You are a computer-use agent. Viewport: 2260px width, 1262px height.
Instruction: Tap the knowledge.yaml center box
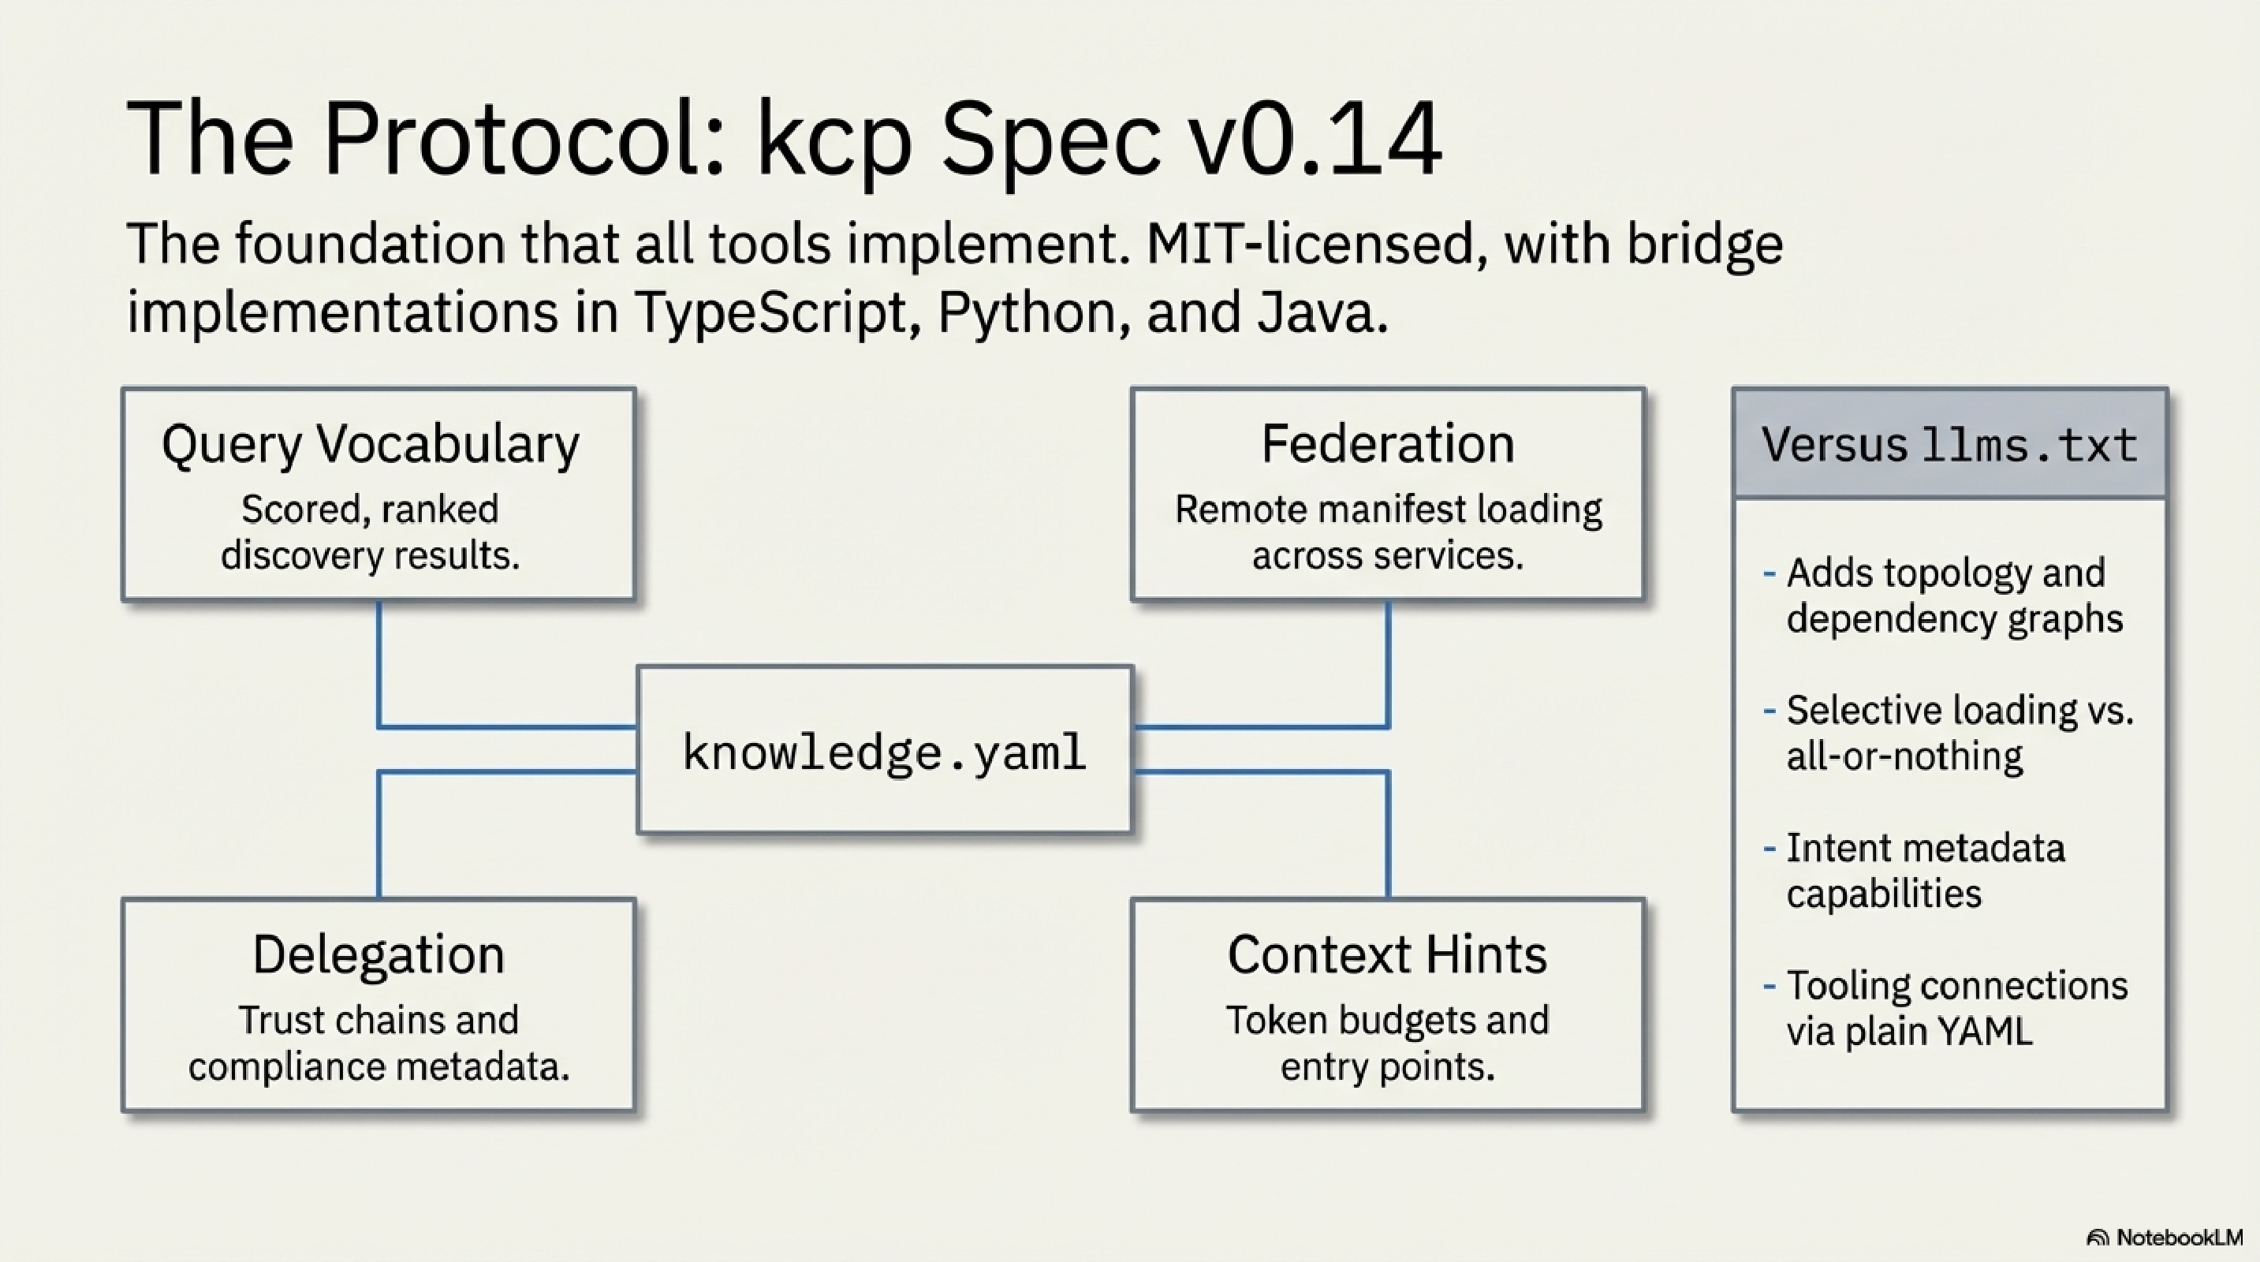coord(884,751)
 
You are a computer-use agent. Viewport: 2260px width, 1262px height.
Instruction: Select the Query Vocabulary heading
coord(371,444)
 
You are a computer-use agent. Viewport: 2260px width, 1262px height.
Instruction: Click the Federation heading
coord(1387,444)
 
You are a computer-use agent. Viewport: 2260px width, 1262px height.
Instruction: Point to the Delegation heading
coord(379,955)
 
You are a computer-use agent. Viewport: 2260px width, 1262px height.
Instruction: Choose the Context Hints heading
coord(1387,955)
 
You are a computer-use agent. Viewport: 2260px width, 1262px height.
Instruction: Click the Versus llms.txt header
coord(1949,445)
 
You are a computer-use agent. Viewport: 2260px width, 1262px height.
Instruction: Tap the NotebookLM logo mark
coord(2097,1238)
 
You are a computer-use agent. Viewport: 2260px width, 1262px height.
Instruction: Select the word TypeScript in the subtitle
coord(770,312)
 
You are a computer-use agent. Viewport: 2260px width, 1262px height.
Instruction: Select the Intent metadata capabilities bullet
coord(1925,871)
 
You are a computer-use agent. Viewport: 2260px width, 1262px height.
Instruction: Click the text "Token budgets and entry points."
coord(1387,1044)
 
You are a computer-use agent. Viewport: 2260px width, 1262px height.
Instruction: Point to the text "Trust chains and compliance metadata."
coord(379,1044)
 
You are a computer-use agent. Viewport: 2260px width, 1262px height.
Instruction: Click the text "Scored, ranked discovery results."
coord(371,532)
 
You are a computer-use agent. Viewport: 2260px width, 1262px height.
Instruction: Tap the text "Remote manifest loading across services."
coord(1387,532)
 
